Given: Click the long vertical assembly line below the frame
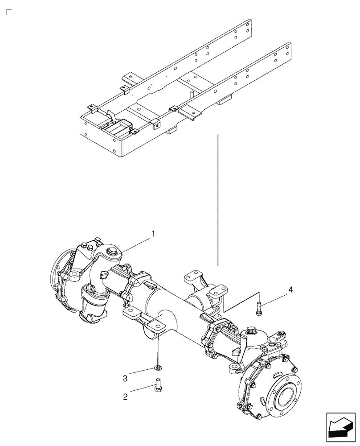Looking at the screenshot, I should pyautogui.click(x=218, y=201).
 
